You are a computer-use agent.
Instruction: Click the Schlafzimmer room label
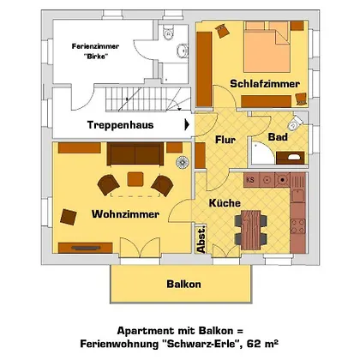coord(265,84)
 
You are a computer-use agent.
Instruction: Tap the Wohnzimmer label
coord(125,214)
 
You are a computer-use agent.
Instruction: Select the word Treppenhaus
coord(120,125)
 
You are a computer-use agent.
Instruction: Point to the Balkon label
coord(183,284)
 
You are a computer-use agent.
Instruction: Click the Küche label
coord(225,203)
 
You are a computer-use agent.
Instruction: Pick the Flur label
coord(225,140)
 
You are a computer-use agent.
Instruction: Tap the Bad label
coord(278,137)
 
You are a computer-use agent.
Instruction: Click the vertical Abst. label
coord(201,239)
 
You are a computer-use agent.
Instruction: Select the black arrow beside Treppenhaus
coord(187,124)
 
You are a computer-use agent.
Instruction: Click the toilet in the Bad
coord(295,123)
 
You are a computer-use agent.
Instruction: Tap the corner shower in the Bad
coord(263,153)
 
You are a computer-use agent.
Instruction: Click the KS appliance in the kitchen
coord(251,180)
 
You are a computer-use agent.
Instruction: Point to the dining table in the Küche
coord(250,230)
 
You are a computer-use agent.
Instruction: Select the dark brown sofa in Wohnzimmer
coord(135,153)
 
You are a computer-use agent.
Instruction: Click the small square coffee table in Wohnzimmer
coord(135,179)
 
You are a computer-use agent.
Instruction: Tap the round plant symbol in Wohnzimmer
coord(183,163)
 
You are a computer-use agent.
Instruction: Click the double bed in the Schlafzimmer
coord(267,46)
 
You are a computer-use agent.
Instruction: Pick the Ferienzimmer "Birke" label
coord(95,51)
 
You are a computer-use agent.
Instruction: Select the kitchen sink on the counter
coord(298,195)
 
